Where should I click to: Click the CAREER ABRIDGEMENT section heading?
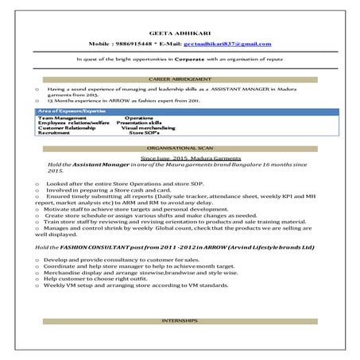pos(180,81)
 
